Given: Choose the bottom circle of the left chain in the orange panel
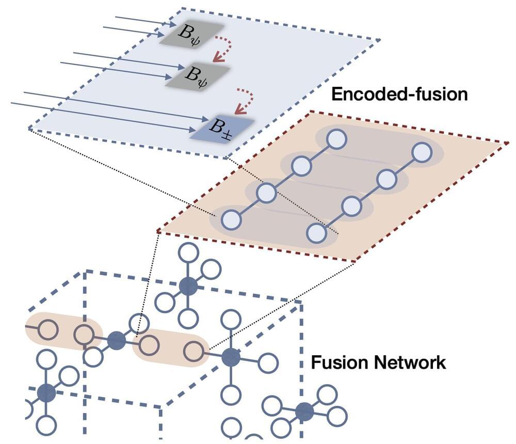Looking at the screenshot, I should tap(232, 220).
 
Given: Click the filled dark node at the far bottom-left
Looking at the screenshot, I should tap(46, 393).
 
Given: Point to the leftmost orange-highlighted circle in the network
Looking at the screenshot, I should tap(48, 329).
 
